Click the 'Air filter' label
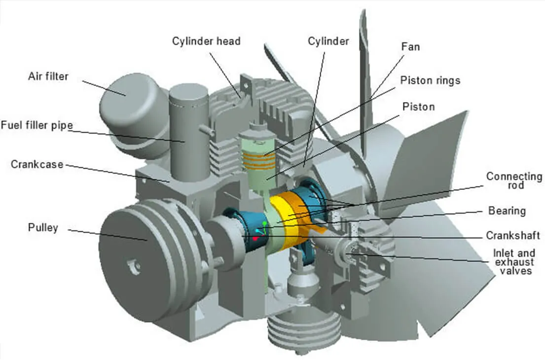coord(48,77)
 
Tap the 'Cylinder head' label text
coord(206,41)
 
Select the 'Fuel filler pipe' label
coord(36,125)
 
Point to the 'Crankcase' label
coord(37,164)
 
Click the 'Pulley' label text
coord(43,228)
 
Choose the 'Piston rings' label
coord(430,80)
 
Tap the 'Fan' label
coord(411,47)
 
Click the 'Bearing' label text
coord(507,211)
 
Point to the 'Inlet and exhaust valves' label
coord(513,262)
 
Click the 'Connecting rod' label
coord(514,181)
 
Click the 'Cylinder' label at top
coord(328,41)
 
